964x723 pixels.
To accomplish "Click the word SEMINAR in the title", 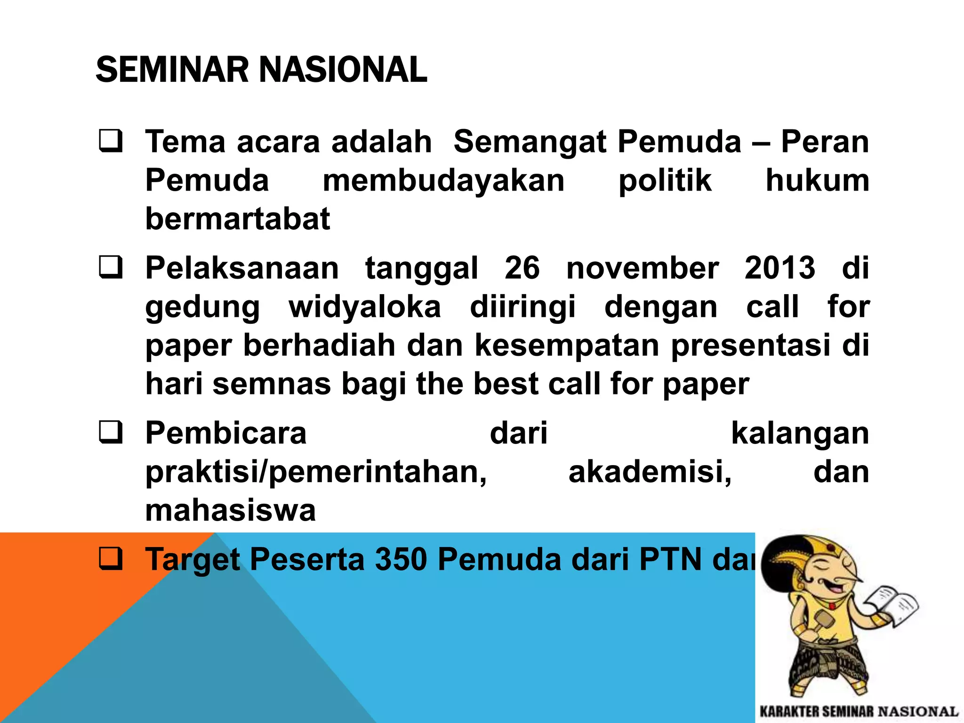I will tap(172, 70).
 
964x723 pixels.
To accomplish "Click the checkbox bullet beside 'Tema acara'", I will tap(111, 141).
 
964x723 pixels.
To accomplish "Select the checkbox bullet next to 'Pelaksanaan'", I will tap(111, 267).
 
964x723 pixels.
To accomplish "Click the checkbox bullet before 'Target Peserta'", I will tap(111, 559).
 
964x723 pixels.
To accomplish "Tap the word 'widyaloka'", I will tap(365, 307).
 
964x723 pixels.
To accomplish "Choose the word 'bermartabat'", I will tap(238, 219).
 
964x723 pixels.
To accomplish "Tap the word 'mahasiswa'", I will tap(230, 510).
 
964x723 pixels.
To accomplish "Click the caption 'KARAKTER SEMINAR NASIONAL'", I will tap(859, 711).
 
